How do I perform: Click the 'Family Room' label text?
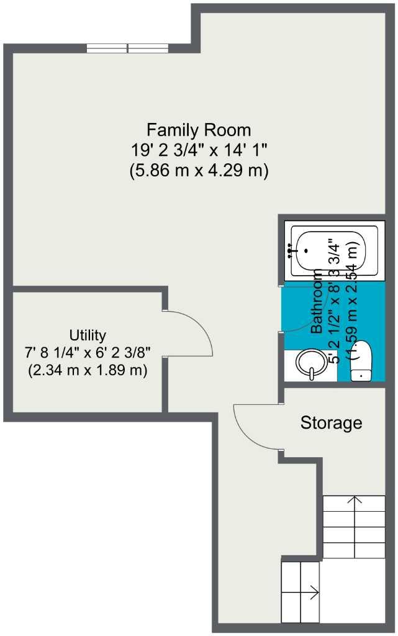(199, 130)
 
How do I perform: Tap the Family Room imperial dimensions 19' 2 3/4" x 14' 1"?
(199, 150)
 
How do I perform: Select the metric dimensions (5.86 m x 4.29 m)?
(199, 170)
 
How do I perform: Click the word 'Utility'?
(88, 335)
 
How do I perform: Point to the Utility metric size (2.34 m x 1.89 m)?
(88, 371)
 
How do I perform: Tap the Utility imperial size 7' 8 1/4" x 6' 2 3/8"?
(88, 353)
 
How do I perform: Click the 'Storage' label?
(331, 424)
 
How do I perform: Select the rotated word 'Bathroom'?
(317, 302)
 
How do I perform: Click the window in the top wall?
(127, 48)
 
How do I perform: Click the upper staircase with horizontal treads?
(354, 525)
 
